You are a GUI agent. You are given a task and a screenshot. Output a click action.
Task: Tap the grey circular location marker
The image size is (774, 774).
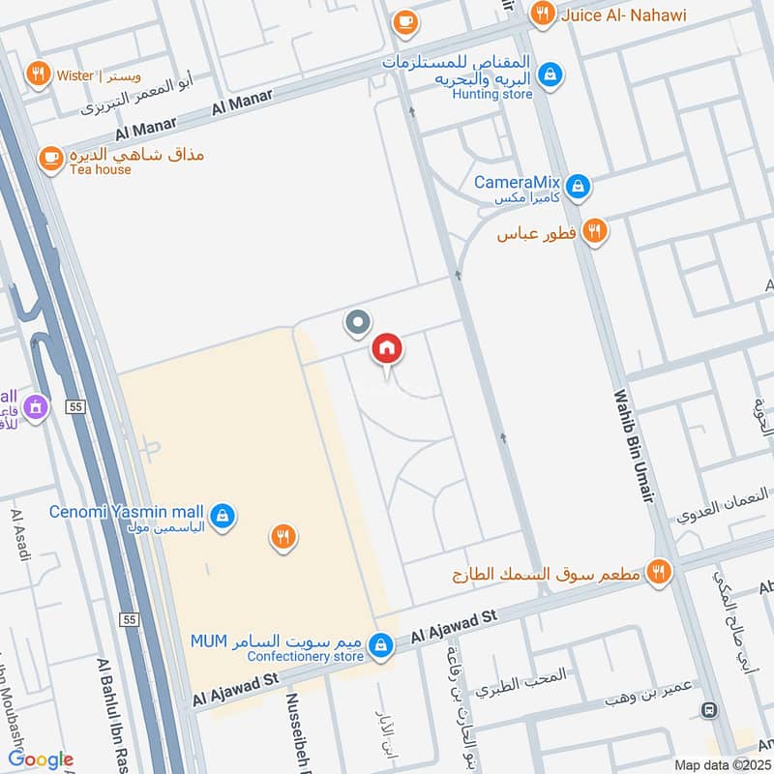click(359, 322)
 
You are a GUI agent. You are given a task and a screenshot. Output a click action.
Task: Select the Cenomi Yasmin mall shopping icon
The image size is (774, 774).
click(223, 514)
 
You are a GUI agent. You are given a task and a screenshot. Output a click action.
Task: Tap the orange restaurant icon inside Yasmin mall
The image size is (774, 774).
click(283, 537)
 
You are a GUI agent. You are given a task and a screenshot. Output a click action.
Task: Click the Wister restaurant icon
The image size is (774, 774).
click(38, 74)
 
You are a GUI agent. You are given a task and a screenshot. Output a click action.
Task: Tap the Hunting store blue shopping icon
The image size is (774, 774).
click(551, 74)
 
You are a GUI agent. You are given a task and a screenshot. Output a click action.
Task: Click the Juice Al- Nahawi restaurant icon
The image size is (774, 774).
click(543, 14)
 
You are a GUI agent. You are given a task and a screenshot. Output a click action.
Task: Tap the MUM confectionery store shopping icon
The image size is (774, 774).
click(382, 643)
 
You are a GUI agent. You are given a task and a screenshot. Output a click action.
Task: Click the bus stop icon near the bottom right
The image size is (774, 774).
click(711, 709)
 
